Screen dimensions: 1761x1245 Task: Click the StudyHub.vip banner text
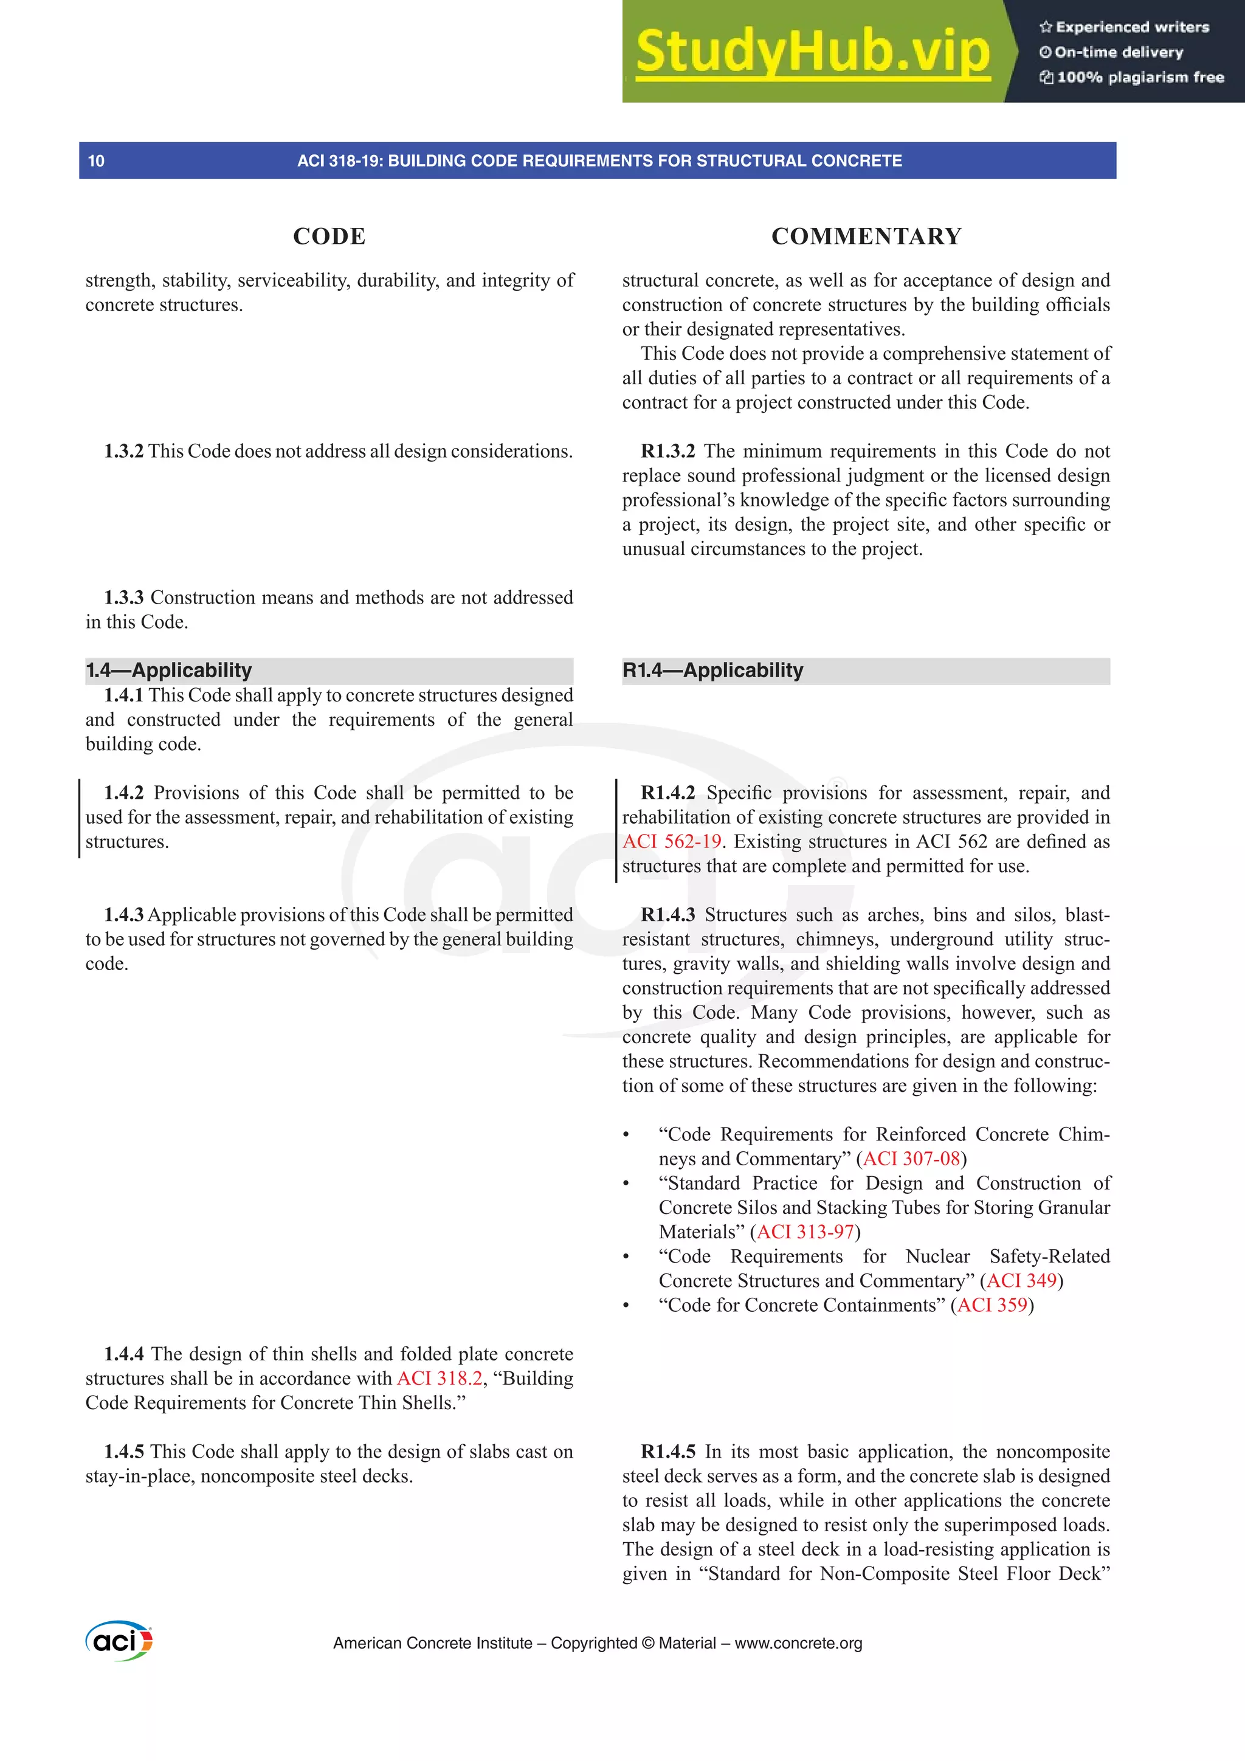tap(812, 52)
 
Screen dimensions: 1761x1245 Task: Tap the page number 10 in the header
tap(96, 161)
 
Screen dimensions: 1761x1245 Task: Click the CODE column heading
tap(329, 236)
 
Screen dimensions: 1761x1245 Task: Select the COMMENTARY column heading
tap(866, 236)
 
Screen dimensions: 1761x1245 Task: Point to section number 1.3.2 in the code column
tap(123, 451)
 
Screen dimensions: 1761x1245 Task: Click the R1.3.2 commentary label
tap(667, 451)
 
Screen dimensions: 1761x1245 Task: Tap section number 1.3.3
tap(123, 598)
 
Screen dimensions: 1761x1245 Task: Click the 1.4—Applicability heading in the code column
tap(169, 670)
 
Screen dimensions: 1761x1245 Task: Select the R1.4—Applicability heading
tap(712, 670)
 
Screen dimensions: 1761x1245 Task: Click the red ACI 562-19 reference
tap(671, 841)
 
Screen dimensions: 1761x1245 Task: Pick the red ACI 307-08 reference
tap(911, 1159)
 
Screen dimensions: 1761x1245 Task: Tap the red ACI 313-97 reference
tap(805, 1232)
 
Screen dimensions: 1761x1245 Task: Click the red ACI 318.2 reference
tap(440, 1378)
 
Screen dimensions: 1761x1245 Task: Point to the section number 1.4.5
tap(123, 1452)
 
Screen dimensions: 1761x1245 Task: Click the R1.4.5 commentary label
tap(667, 1452)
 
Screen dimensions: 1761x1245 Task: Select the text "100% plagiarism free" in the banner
tap(1140, 77)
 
